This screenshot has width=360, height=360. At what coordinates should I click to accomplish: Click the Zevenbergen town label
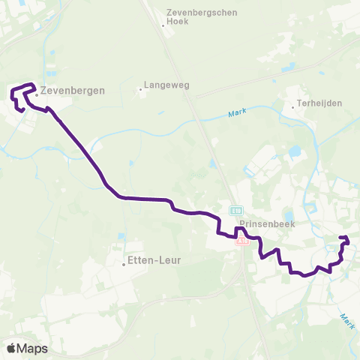tap(73, 90)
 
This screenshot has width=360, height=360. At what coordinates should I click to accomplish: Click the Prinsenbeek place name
tap(260, 223)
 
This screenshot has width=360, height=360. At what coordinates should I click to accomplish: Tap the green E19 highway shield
tap(236, 211)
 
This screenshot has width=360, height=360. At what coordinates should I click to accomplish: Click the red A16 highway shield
tap(241, 241)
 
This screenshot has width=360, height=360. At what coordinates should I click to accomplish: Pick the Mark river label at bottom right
tap(346, 321)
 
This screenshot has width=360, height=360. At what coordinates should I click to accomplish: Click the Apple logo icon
tap(12, 348)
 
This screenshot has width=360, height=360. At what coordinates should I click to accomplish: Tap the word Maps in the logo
tap(33, 349)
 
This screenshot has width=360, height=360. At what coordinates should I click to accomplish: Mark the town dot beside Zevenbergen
tap(36, 94)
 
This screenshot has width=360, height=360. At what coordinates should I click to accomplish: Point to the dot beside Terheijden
tap(293, 107)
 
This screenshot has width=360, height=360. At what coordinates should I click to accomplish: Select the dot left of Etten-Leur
tap(124, 264)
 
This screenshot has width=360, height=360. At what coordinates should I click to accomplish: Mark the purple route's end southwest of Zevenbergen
tap(22, 110)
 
